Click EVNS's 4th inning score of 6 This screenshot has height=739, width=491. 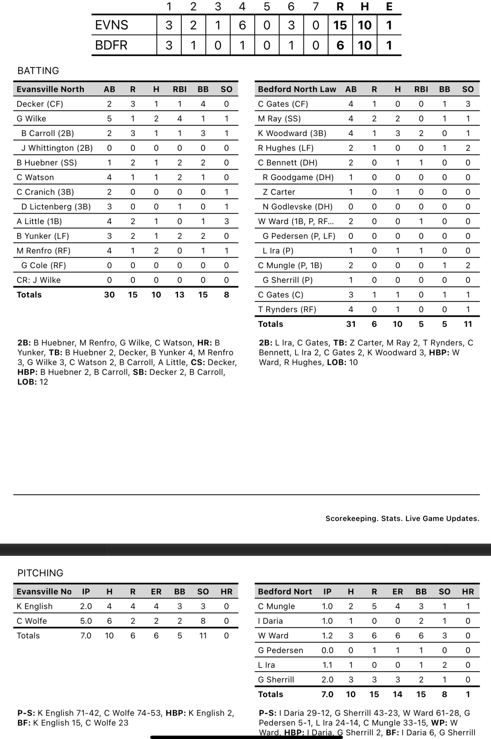(x=242, y=25)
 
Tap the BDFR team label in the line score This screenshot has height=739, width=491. (x=111, y=45)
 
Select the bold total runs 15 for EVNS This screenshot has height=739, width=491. (x=340, y=25)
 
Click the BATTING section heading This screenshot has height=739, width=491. (x=38, y=71)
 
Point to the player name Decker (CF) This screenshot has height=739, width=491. (x=40, y=104)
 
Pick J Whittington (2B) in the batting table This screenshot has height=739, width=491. (x=57, y=148)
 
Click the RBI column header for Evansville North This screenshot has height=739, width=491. (x=180, y=89)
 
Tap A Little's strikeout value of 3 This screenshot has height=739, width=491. (x=226, y=221)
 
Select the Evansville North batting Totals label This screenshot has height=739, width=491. (x=29, y=295)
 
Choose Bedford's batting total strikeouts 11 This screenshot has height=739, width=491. (x=468, y=324)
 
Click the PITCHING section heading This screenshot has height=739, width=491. (x=40, y=573)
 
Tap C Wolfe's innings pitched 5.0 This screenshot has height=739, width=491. (x=86, y=621)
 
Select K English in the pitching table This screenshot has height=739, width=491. (x=35, y=606)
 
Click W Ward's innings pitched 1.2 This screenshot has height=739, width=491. (x=327, y=636)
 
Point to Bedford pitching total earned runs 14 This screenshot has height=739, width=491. (x=398, y=694)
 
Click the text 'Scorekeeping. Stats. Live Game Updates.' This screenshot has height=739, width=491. (x=402, y=518)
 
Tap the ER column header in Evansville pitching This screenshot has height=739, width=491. (x=156, y=592)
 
